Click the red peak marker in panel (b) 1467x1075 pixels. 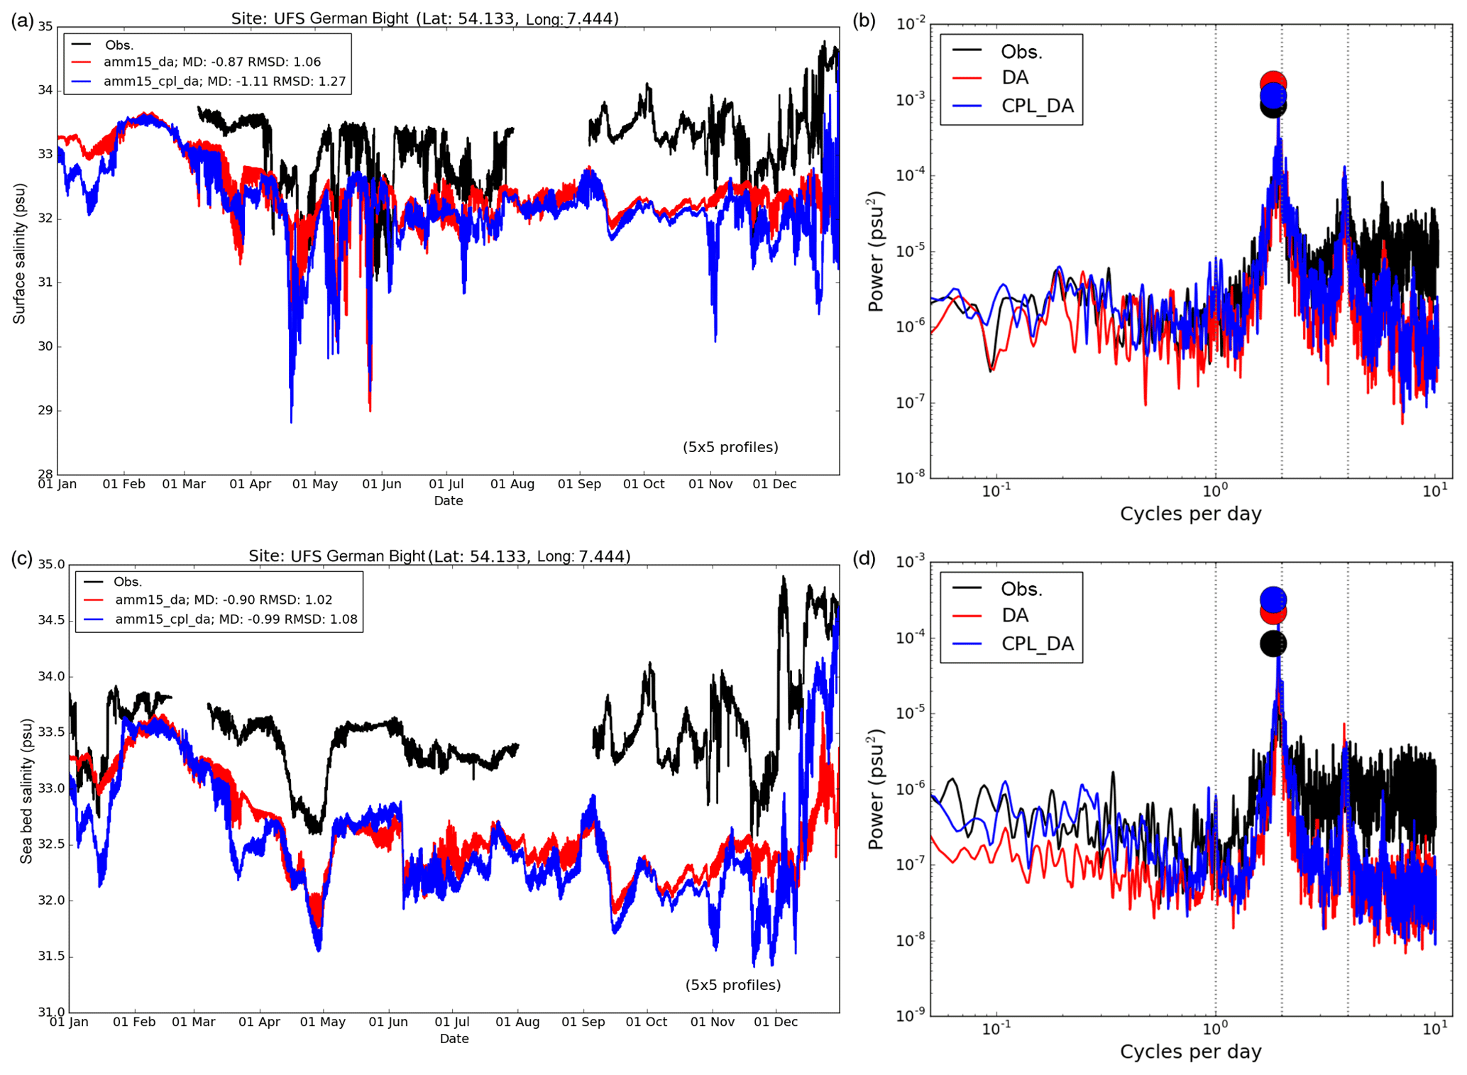pos(1273,82)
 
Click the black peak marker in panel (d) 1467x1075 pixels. pos(1273,644)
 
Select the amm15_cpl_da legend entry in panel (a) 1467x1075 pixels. pos(224,81)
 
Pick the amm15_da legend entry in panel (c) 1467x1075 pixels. pos(223,600)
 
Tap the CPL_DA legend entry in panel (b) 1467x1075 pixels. pos(1037,106)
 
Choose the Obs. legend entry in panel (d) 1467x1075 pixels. pos(1021,589)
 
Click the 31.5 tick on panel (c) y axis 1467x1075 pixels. pos(51,957)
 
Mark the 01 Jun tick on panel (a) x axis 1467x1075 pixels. pos(382,484)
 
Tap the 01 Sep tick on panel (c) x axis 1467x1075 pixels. pos(583,1022)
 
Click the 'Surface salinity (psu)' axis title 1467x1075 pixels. pos(20,254)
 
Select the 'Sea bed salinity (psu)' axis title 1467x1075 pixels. pos(27,791)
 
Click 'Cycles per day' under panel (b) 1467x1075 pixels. pos(1190,514)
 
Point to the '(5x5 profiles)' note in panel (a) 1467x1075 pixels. pos(730,447)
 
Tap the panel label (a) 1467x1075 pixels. pos(22,21)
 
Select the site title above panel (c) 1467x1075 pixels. pos(439,556)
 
